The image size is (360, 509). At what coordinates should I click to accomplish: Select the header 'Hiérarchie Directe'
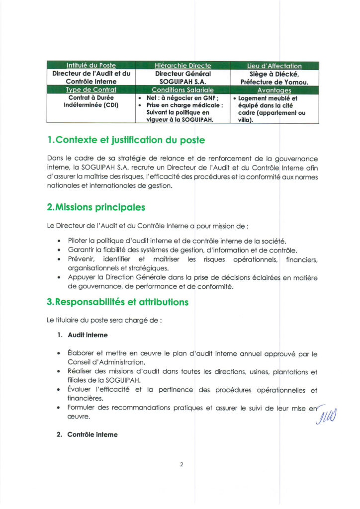(182, 66)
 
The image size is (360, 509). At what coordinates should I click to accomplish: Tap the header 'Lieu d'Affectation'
(274, 66)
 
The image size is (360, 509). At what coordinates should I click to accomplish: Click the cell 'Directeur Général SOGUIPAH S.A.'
(182, 77)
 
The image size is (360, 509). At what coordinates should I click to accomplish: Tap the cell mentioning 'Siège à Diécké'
(274, 77)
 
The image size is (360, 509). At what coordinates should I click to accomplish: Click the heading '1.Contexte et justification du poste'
(125, 140)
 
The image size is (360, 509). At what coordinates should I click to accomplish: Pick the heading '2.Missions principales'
(95, 206)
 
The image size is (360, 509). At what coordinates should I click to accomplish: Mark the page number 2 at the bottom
(181, 464)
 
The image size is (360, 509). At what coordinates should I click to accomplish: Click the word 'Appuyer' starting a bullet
(82, 277)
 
